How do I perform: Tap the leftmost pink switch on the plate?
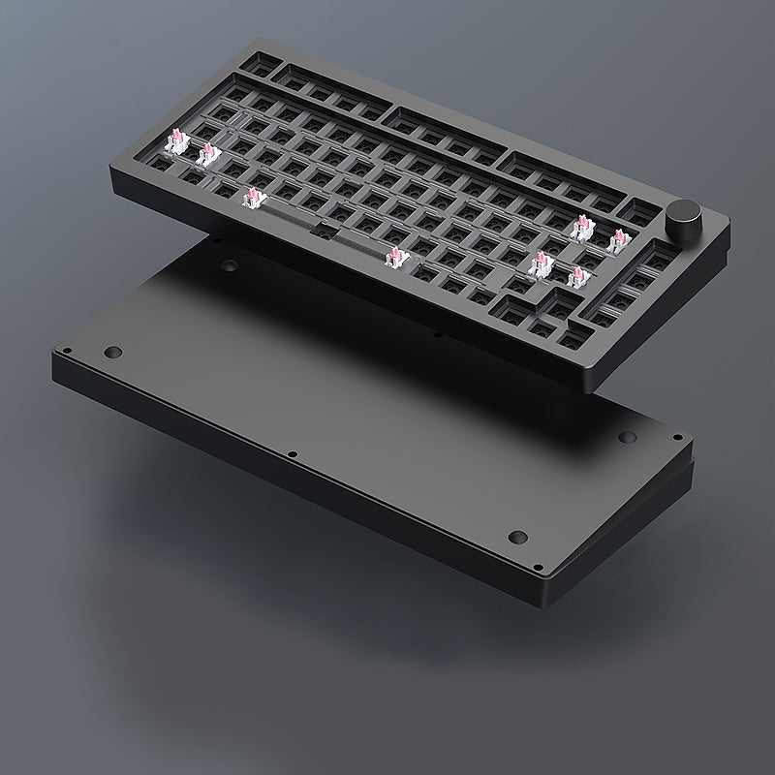coord(175,143)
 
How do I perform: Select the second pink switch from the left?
coord(206,156)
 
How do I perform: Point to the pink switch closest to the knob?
coord(617,240)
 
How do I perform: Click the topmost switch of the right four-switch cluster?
coord(582,228)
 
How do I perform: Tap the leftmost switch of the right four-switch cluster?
coord(540,262)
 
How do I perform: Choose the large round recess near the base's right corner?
coord(625,438)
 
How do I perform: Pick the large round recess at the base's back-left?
coord(230,264)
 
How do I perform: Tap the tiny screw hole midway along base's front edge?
coord(291,453)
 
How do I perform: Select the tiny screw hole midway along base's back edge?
coord(438,335)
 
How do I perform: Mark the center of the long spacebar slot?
coord(324,227)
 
